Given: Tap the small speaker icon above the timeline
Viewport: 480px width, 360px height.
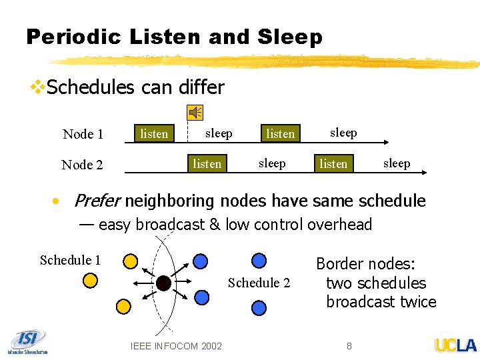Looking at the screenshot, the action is [196, 113].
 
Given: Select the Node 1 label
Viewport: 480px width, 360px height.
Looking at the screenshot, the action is [83, 134].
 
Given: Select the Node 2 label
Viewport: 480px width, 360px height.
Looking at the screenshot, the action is [82, 165].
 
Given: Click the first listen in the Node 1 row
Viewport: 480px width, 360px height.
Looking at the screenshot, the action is [154, 133].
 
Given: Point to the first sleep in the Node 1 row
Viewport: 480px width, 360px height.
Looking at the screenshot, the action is [219, 133].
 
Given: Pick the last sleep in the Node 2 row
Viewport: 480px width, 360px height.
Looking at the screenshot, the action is [397, 163].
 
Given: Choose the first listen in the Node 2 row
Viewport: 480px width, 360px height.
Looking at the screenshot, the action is [207, 163].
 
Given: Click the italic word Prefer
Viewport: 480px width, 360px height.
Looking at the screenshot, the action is [97, 201].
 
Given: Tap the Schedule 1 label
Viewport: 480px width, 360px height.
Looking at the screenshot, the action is [70, 260].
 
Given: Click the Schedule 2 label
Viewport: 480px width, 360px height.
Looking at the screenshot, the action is [259, 283].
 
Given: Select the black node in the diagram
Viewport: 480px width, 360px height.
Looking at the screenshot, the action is [163, 284].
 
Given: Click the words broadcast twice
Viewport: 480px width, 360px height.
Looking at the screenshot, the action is [381, 302].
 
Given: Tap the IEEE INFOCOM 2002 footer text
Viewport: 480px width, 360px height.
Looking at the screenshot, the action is [177, 345].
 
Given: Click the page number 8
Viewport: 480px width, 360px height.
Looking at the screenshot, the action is [349, 345].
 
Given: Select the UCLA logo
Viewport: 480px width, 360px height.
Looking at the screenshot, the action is [455, 345].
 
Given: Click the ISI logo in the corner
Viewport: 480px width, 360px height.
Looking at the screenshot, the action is [28, 341].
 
